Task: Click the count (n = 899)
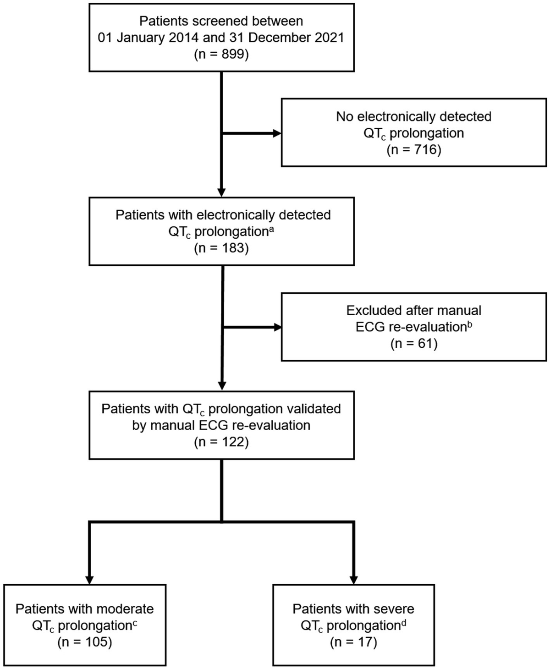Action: [x=221, y=55]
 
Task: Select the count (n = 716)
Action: [x=414, y=150]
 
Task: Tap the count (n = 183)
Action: [x=221, y=248]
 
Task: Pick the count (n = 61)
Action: [x=414, y=343]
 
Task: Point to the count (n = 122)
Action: [x=221, y=442]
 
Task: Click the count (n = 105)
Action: [x=85, y=642]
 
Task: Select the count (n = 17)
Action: [x=353, y=642]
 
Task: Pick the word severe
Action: [x=391, y=609]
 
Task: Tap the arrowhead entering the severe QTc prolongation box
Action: [x=353, y=579]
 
